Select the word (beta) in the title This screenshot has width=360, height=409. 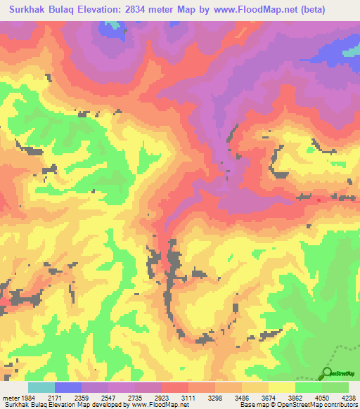(338, 10)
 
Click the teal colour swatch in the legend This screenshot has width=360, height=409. (41, 388)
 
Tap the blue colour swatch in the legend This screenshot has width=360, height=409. (67, 388)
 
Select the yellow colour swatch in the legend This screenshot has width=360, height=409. (281, 388)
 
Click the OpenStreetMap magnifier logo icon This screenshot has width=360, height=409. (326, 372)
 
